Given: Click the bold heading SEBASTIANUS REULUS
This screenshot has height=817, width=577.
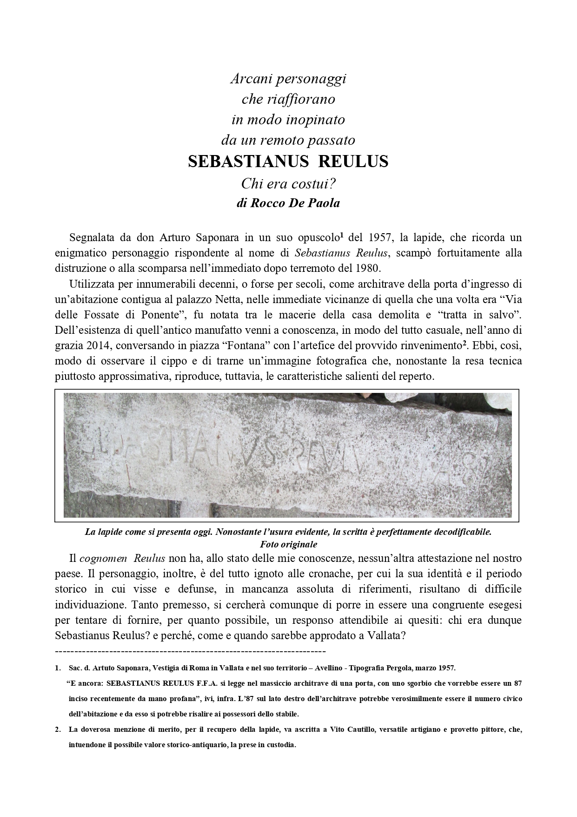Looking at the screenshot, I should (x=288, y=162).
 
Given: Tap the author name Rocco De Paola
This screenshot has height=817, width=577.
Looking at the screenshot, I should (x=288, y=203).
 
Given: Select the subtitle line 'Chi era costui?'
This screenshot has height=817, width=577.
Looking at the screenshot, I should (x=288, y=184).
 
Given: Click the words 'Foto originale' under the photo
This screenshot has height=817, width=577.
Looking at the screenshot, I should (x=288, y=544).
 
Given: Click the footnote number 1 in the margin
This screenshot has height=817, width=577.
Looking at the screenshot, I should (x=58, y=668).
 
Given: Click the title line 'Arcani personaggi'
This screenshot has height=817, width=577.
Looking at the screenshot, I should (x=288, y=79).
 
